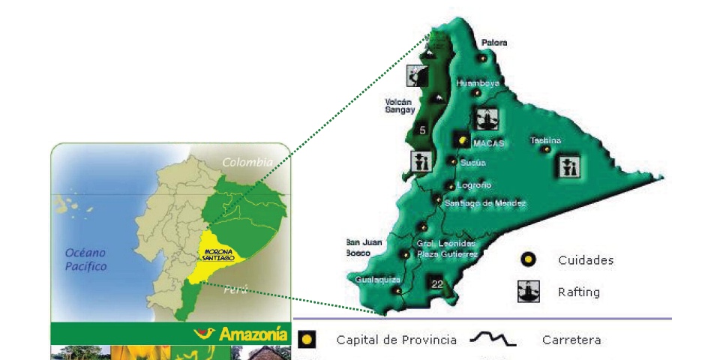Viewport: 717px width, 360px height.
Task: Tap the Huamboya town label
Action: (478, 83)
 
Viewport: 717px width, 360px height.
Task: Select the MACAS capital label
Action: (489, 142)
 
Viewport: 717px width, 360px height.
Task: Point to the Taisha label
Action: (545, 140)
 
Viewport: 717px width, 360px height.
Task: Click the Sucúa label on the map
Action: (472, 162)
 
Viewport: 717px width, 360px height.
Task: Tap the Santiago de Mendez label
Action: (485, 203)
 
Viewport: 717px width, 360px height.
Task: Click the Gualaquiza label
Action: (373, 280)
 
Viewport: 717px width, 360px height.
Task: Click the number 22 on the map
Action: (437, 283)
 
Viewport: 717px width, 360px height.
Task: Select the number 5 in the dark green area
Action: (423, 130)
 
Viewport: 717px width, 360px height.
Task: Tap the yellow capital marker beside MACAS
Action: (462, 140)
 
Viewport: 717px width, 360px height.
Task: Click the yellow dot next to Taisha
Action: (547, 150)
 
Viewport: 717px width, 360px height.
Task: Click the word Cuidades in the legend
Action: (586, 260)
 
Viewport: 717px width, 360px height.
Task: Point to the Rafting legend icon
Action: (529, 290)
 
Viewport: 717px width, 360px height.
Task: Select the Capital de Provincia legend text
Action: (396, 340)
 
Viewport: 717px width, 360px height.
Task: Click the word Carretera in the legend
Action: (571, 340)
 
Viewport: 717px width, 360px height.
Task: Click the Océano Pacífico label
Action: (85, 259)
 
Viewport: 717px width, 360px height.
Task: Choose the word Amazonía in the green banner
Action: (253, 334)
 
